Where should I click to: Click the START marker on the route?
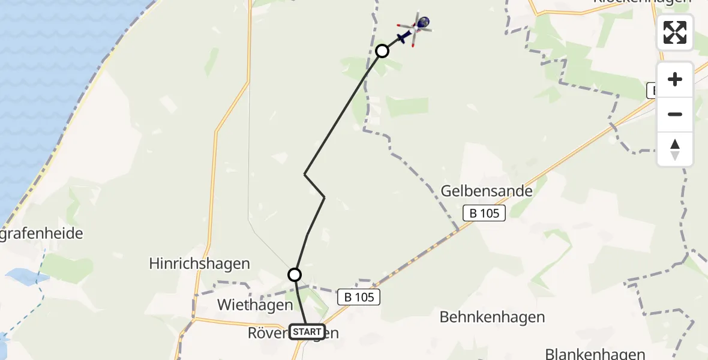point(307,332)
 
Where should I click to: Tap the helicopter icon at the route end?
point(413,29)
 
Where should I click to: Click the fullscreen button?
point(675,32)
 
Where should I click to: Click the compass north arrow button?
point(675,149)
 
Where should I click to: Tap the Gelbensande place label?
point(487,191)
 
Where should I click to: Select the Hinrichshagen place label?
point(199,263)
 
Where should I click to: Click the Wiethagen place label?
point(255,305)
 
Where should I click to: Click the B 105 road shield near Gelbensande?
point(485,213)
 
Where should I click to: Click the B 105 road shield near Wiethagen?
point(359,296)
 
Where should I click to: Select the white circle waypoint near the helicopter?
point(382,51)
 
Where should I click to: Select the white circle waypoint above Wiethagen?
point(294,275)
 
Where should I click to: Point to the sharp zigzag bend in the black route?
point(305,175)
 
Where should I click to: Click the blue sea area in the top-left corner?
point(48,54)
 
